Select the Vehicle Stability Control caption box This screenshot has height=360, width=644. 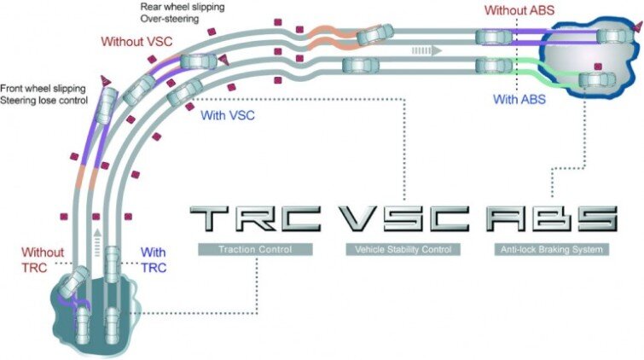click(x=403, y=250)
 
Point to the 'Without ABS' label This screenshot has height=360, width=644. click(x=517, y=10)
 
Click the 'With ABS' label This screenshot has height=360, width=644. click(x=520, y=99)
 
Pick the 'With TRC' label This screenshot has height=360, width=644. click(x=153, y=259)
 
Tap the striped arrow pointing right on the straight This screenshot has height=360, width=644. click(x=426, y=50)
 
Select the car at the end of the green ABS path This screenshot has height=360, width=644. click(x=595, y=80)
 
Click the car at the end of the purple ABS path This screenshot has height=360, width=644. click(x=612, y=37)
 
